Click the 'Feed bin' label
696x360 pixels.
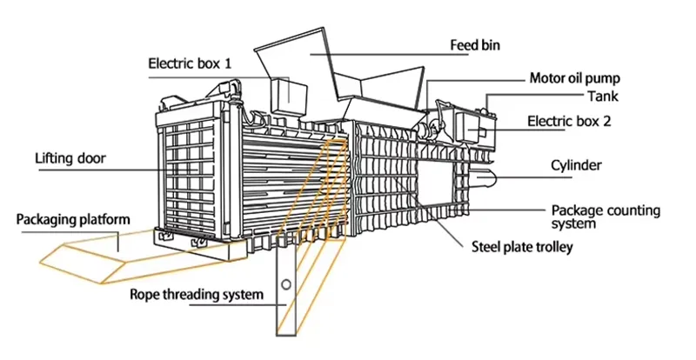click(474, 45)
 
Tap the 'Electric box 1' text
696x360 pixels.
click(190, 63)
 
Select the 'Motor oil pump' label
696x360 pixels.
click(574, 78)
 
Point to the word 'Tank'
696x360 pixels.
click(603, 96)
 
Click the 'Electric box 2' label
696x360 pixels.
click(569, 121)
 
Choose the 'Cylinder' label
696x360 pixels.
click(576, 165)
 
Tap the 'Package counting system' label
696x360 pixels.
click(606, 217)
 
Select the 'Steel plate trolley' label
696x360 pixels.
click(521, 247)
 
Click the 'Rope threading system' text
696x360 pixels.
click(197, 294)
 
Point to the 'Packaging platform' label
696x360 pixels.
click(73, 219)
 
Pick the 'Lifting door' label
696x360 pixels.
click(70, 158)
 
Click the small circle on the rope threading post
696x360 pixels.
click(286, 284)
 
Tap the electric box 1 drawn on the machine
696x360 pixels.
click(289, 96)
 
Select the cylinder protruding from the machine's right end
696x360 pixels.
click(486, 177)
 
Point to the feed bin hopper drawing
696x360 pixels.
click(339, 76)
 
